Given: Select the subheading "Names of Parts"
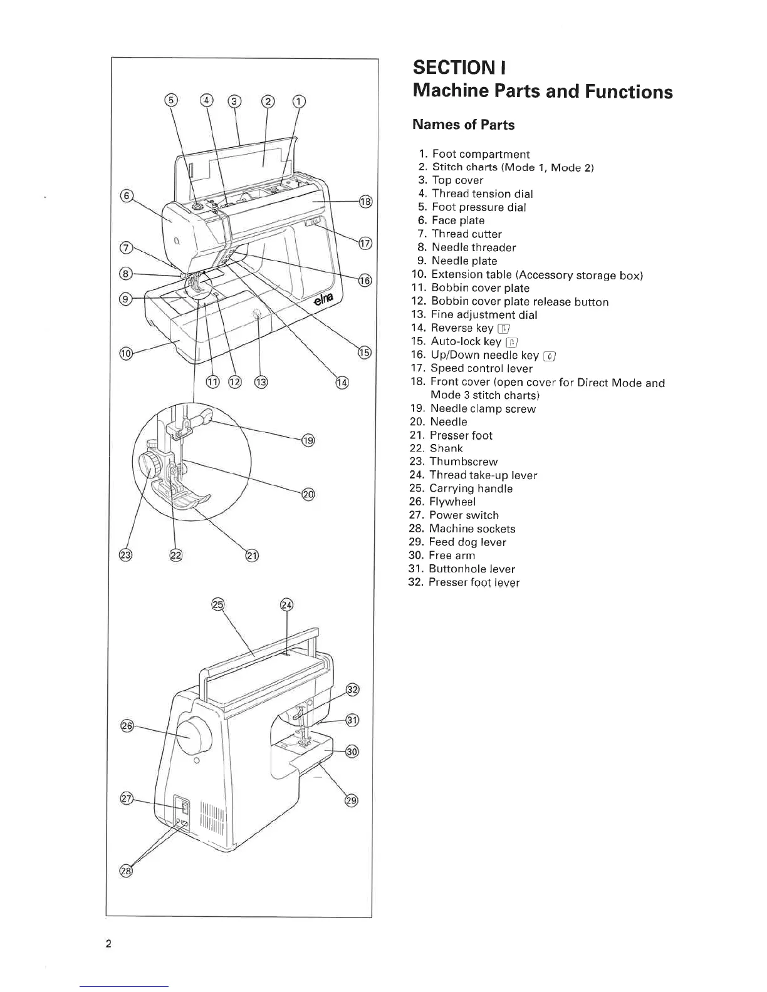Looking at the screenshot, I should tap(463, 125).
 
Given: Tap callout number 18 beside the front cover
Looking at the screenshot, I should tap(365, 201).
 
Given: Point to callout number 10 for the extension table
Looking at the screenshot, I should tap(125, 354).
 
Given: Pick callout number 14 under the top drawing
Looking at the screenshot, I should tap(342, 383).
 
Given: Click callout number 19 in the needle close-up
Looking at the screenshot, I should tap(308, 441).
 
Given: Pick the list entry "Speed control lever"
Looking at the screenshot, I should tap(481, 369).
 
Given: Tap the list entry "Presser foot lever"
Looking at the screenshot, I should tap(474, 583).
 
